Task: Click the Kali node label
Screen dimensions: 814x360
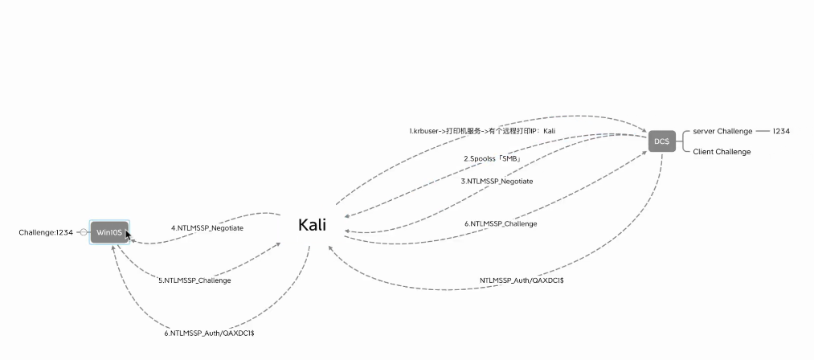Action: [x=312, y=225]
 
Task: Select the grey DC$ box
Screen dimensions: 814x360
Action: [x=661, y=141]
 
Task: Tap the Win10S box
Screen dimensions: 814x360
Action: [x=108, y=232]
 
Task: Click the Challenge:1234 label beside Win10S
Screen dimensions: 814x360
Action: [x=46, y=232]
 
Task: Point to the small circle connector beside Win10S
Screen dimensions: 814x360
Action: [x=84, y=232]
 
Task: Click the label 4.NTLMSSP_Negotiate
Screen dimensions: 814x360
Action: [x=207, y=228]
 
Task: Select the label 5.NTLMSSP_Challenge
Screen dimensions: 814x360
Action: [x=194, y=280]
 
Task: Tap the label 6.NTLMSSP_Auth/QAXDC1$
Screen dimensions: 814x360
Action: [x=208, y=333]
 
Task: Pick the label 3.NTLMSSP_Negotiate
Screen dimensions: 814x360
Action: [x=497, y=182]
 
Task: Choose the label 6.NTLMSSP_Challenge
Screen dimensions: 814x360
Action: [x=501, y=223]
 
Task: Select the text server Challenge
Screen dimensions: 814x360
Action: [x=722, y=131]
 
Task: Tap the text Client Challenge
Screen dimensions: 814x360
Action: [x=722, y=151]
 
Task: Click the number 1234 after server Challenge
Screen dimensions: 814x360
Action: [x=781, y=131]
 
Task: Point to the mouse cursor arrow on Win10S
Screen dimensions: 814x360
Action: [x=128, y=235]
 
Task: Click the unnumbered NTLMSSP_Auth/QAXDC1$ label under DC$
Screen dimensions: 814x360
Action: [x=522, y=280]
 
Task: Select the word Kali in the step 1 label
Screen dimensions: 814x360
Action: [x=549, y=130]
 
